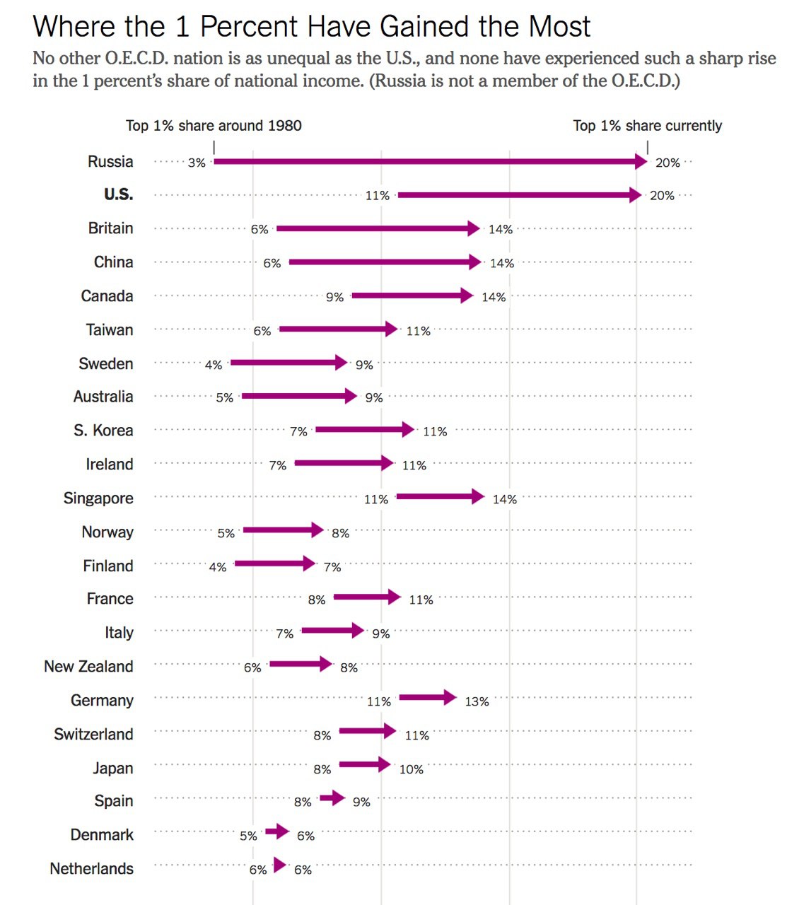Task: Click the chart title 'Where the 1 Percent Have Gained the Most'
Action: point(311,27)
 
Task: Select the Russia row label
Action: point(110,162)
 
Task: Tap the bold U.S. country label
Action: point(118,195)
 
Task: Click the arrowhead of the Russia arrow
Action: point(641,162)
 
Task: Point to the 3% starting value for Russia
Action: point(197,163)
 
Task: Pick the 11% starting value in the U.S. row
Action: point(378,196)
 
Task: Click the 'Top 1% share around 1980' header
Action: point(214,126)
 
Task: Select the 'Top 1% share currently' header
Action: point(647,126)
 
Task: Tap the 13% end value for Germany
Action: point(477,701)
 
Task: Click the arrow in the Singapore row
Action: point(440,497)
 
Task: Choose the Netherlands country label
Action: point(91,869)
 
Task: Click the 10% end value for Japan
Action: point(412,769)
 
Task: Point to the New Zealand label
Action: point(88,667)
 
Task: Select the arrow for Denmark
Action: point(277,831)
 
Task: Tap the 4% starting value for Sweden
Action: point(214,365)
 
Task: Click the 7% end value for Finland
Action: point(332,567)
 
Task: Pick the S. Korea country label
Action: point(103,431)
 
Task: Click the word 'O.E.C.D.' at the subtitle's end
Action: point(645,81)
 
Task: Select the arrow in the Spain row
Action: point(332,798)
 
